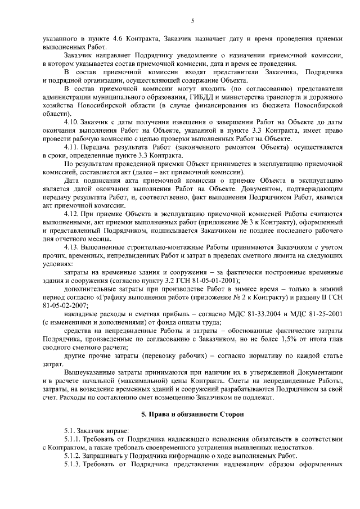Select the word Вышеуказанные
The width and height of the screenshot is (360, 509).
pyautogui.click(x=88, y=373)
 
